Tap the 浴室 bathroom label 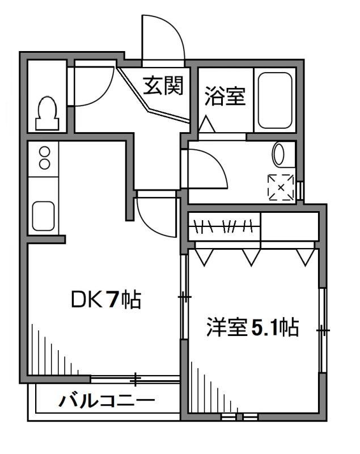(225, 97)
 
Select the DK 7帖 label (105, 300)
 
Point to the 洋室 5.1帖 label (252, 329)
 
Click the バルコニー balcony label (107, 401)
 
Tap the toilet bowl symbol (46, 112)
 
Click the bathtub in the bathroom (275, 100)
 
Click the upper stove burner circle (44, 153)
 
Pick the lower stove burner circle (44, 165)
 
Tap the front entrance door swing (163, 37)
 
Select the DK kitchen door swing (154, 216)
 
